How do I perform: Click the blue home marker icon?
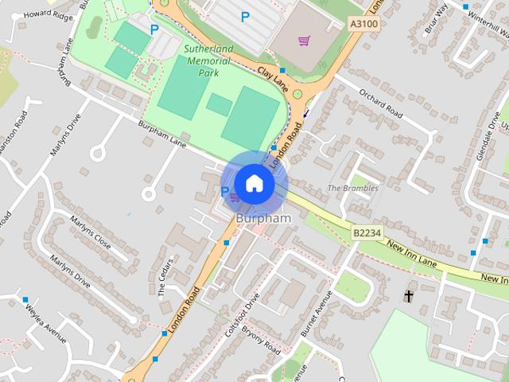coord(254,184)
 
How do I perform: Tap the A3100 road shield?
coord(364,25)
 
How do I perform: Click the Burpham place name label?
coord(263,217)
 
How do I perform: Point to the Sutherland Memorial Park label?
coord(208,60)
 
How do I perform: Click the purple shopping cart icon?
coord(304,41)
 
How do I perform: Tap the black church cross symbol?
coord(409,296)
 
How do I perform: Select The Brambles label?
coord(353,188)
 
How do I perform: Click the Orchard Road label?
coord(380,103)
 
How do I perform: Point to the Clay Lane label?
coord(272,77)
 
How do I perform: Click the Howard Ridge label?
coord(47,15)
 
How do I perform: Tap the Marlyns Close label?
coord(91,230)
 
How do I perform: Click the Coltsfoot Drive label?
coord(242,315)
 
